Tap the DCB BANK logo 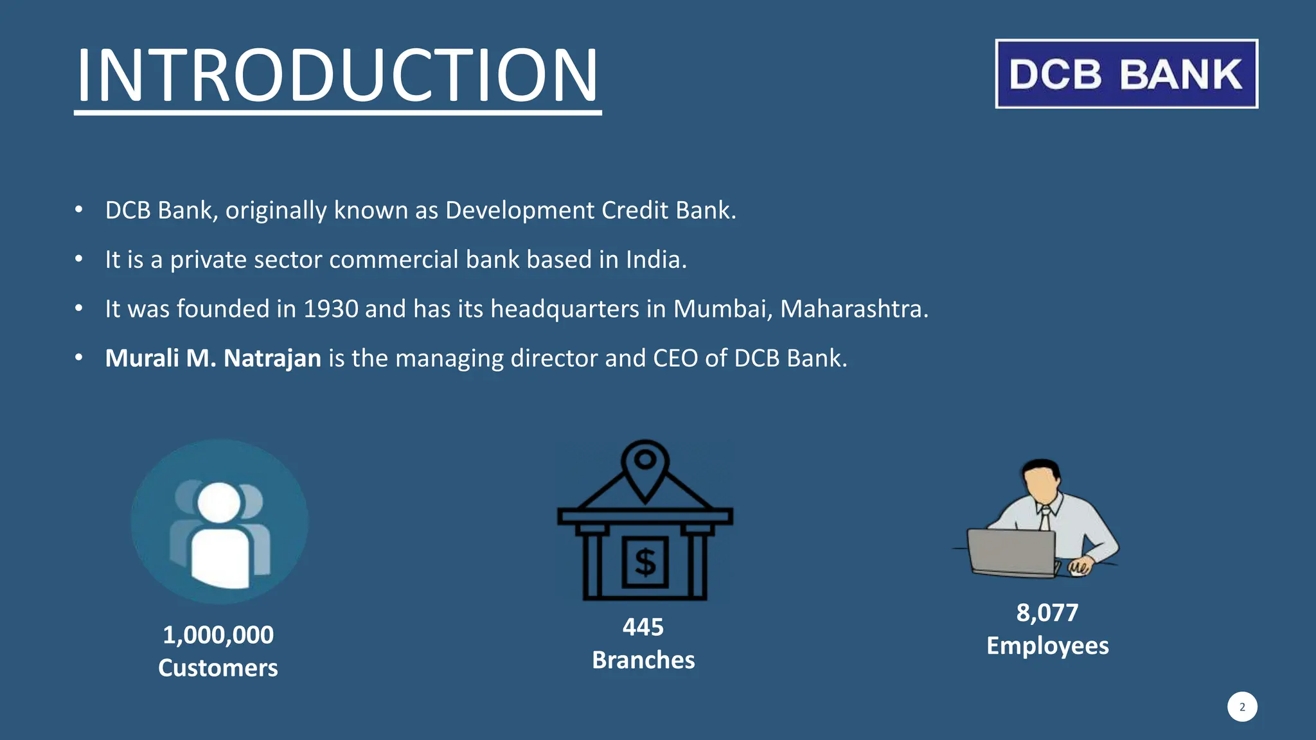coord(1126,74)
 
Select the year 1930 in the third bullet coord(330,309)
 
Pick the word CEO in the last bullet coord(675,358)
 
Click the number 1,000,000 coord(218,635)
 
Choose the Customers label coord(218,668)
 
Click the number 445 coord(643,627)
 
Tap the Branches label coord(643,660)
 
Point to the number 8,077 coord(1047,613)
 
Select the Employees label coord(1047,646)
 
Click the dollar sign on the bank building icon coord(645,563)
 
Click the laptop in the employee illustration coord(1011,551)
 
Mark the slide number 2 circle coord(1242,707)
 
